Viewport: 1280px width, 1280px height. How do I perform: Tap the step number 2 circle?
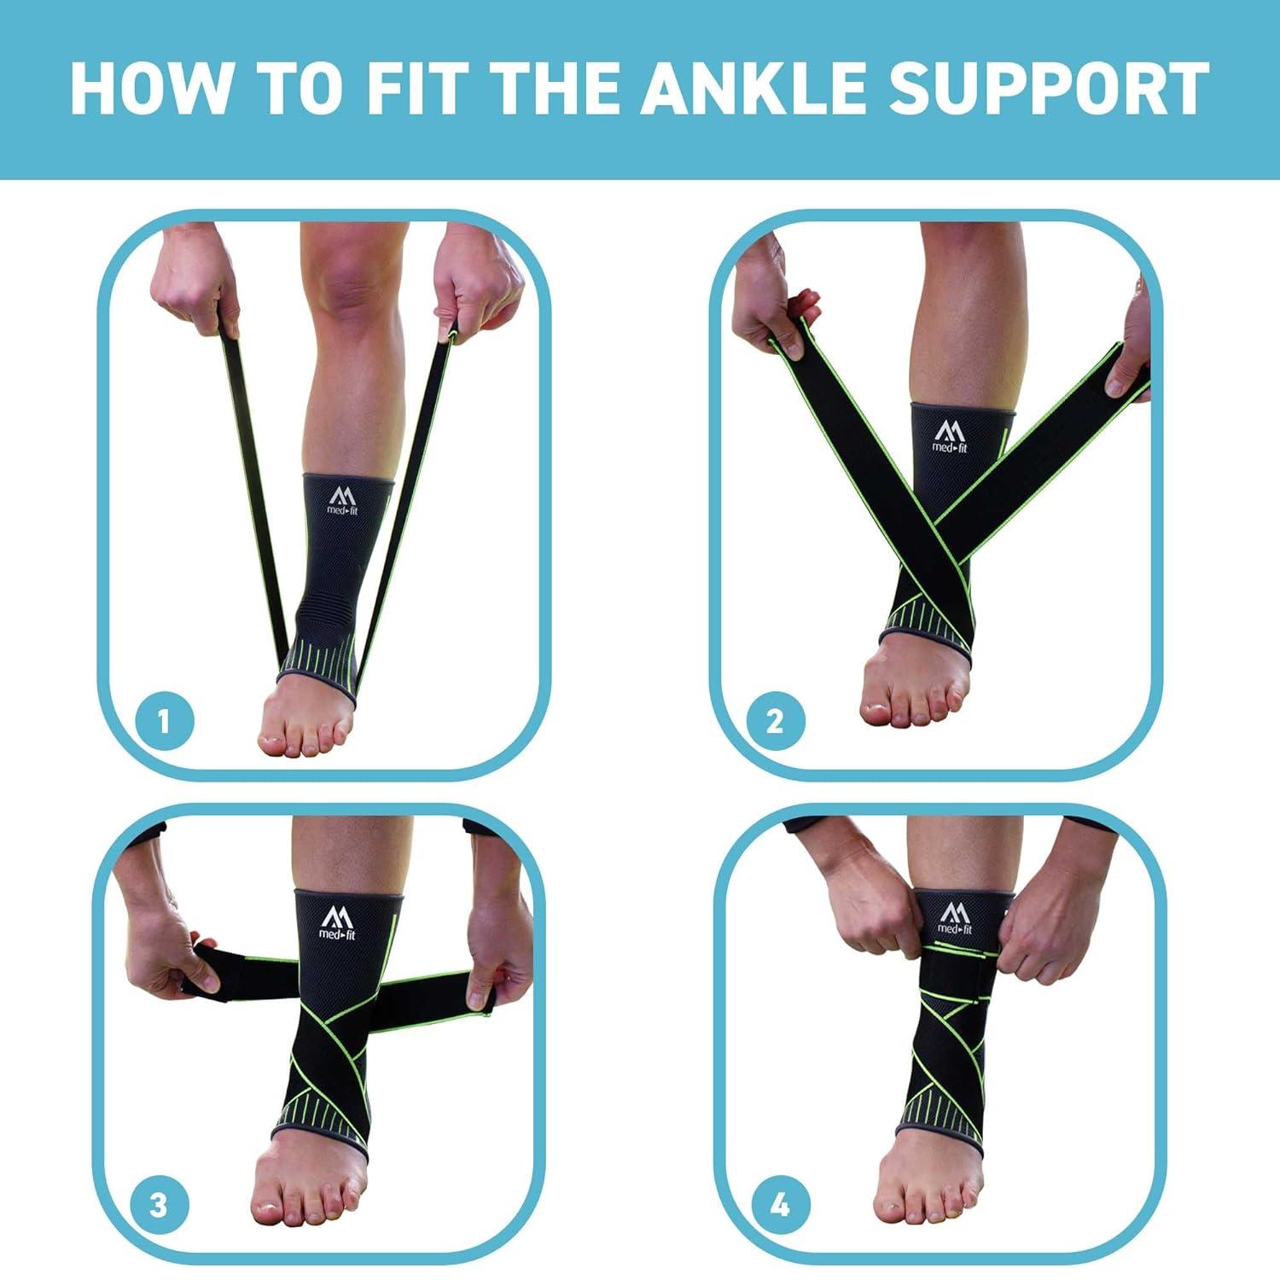775,722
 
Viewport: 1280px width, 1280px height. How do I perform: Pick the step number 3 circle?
159,1205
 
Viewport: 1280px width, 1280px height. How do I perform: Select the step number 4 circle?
780,1205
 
